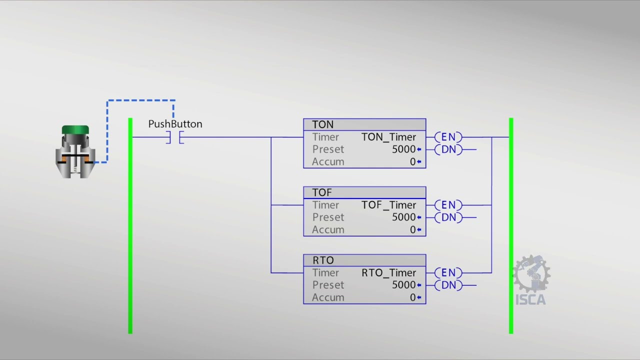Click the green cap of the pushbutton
(x=75, y=130)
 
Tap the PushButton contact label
(x=175, y=124)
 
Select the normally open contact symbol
(x=175, y=137)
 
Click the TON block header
(x=364, y=124)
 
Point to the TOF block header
(x=364, y=192)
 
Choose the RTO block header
(x=364, y=260)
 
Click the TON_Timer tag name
(x=388, y=137)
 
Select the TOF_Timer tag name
(x=388, y=205)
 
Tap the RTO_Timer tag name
(x=388, y=272)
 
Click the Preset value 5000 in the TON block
(x=403, y=149)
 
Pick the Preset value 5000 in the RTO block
(x=403, y=285)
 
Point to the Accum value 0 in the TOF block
(x=412, y=229)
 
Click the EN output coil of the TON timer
(x=448, y=137)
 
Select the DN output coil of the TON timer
(x=448, y=149)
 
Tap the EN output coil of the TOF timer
(x=448, y=205)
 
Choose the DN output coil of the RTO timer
(x=448, y=285)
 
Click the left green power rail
(x=130, y=225)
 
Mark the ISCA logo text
(x=530, y=300)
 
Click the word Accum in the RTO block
(x=328, y=297)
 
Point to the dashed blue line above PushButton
(x=141, y=100)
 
